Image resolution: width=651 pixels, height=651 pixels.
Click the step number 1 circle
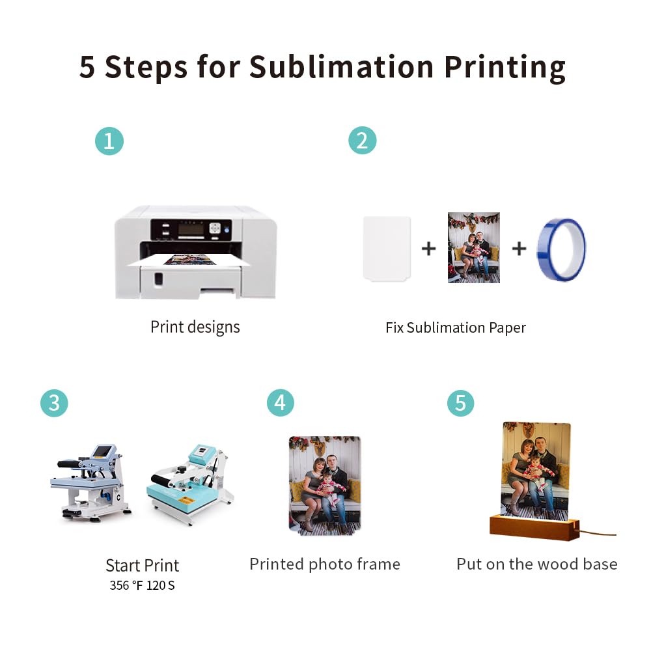coord(109,141)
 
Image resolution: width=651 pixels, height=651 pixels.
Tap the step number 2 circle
coord(363,141)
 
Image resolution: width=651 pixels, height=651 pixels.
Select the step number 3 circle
coord(54,403)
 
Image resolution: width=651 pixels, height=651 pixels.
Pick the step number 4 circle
coord(280,403)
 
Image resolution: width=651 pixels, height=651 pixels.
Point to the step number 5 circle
coord(460,403)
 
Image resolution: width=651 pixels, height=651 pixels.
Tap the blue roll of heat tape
coord(561,249)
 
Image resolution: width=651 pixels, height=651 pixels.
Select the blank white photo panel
coord(387,248)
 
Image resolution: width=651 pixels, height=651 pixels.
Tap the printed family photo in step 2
coord(473,247)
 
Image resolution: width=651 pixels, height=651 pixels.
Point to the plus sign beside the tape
coord(518,248)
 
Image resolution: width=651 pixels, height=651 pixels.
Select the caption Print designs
coord(195,327)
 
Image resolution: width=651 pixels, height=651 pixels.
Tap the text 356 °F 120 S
coord(142,585)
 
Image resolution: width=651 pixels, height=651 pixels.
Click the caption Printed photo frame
coord(324,564)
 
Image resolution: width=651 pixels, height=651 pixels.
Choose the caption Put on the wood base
coord(536,564)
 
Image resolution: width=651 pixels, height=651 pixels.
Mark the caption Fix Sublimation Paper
coord(455,327)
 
